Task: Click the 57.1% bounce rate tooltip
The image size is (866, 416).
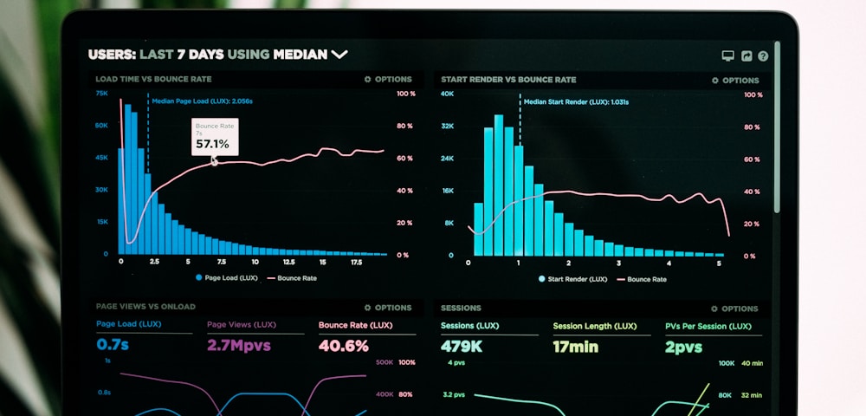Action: (x=215, y=137)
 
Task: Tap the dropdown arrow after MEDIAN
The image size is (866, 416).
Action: (x=339, y=55)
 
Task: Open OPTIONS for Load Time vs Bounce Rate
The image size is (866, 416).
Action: (x=388, y=79)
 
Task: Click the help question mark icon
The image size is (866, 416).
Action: (x=763, y=56)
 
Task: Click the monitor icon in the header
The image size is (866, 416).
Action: (x=728, y=56)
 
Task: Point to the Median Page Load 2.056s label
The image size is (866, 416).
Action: (x=202, y=101)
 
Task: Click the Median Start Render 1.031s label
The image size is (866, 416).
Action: (x=576, y=102)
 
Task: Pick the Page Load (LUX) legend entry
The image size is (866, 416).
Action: (x=227, y=278)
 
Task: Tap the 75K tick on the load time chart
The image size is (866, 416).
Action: (x=101, y=93)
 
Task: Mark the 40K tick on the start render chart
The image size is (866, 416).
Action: (x=447, y=94)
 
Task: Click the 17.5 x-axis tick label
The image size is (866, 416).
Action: (x=356, y=262)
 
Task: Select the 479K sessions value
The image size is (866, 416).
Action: (x=462, y=347)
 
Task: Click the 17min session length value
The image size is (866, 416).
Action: (x=575, y=347)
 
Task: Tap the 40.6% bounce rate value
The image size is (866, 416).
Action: (x=343, y=346)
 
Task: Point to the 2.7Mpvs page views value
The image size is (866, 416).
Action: (x=238, y=346)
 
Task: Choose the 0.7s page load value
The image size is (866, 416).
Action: (x=113, y=345)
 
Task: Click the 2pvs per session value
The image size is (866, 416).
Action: (x=683, y=347)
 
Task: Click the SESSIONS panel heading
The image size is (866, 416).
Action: (x=461, y=308)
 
